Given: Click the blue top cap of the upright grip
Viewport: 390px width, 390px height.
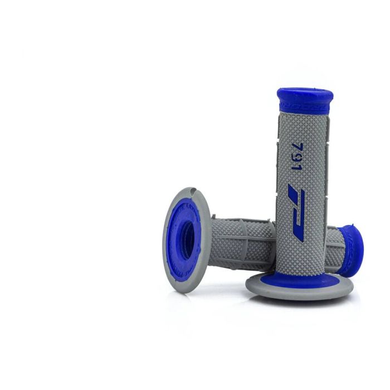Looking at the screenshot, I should point(305,97).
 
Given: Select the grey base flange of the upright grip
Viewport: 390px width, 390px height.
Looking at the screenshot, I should point(299,290).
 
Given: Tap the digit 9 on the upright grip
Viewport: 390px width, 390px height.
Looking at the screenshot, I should point(299,158).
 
